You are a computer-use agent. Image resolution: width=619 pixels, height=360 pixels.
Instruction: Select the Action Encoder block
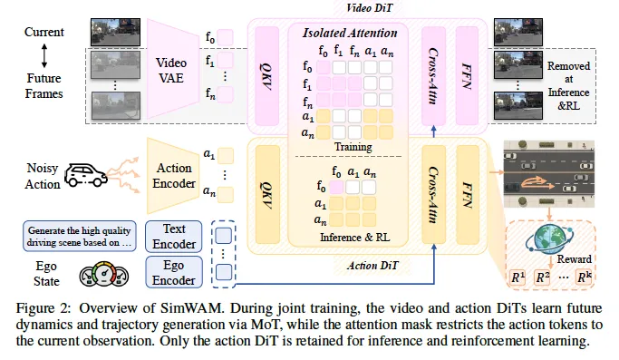(x=173, y=175)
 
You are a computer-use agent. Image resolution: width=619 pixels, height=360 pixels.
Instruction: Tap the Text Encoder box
(x=174, y=237)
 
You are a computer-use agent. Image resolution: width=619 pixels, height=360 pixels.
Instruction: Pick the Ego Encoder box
(x=174, y=272)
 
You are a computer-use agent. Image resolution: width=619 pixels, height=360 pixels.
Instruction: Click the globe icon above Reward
(x=548, y=238)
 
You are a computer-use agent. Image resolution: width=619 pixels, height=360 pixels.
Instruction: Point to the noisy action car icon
(x=86, y=175)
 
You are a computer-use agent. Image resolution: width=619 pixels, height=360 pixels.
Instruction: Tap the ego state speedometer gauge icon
(x=104, y=274)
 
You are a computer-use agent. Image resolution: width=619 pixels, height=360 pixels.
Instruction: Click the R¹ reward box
(x=517, y=277)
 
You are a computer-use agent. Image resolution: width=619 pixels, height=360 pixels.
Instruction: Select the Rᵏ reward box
(x=584, y=277)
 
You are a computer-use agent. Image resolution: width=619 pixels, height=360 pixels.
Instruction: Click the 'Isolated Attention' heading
(x=350, y=33)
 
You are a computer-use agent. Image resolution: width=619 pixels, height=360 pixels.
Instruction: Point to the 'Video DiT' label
(x=369, y=8)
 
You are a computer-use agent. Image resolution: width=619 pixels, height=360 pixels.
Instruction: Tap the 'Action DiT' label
(x=372, y=265)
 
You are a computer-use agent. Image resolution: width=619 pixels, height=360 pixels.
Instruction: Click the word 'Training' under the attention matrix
(x=353, y=147)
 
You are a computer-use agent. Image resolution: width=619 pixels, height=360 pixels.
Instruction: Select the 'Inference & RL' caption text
(x=354, y=237)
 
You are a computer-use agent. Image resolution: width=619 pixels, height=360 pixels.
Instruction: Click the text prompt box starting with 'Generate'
(x=80, y=237)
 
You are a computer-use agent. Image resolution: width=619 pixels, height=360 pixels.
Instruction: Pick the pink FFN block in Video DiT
(x=467, y=76)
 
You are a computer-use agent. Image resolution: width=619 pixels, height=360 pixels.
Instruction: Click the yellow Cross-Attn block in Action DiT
(x=433, y=194)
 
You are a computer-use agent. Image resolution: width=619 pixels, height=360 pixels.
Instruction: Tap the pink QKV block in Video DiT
(x=266, y=76)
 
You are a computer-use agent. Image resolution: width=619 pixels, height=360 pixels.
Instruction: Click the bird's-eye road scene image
(x=548, y=174)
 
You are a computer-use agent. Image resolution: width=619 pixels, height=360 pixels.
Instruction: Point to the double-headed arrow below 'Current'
(x=44, y=55)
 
